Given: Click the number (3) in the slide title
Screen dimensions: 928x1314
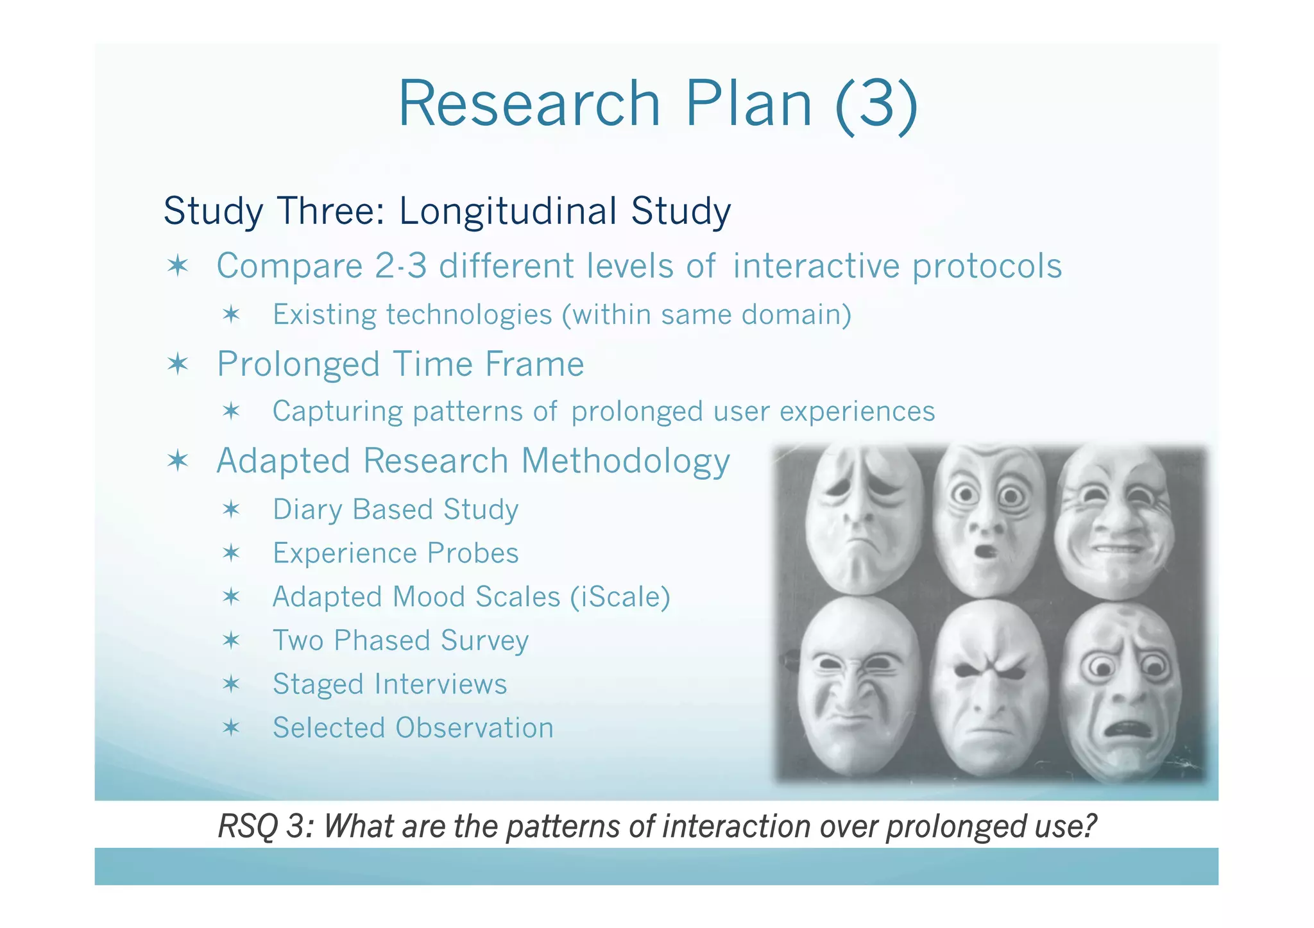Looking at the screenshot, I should point(876,105).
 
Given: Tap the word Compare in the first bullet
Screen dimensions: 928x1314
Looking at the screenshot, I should point(289,267).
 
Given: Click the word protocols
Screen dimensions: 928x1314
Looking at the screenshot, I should point(987,267).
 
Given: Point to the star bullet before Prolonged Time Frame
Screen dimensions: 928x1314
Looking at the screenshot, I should point(178,364).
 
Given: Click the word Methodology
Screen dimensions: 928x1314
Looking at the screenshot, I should point(626,462).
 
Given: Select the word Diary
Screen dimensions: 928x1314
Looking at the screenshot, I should point(307,510).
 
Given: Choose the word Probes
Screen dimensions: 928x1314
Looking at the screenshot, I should point(473,553).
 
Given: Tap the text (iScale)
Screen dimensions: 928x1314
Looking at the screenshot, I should point(620,597).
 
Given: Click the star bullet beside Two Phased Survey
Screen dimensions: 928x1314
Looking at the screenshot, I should point(231,640).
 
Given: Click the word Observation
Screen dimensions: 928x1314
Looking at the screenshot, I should point(474,728).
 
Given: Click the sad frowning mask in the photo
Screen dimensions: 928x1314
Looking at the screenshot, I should point(860,519).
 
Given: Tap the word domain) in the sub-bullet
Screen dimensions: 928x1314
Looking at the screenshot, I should point(796,316).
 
